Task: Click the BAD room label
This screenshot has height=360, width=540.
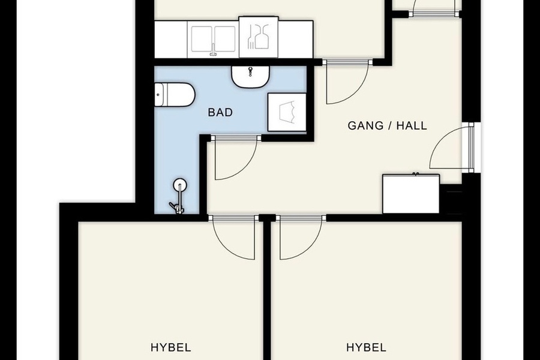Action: point(220,112)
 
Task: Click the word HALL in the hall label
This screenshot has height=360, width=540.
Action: point(412,125)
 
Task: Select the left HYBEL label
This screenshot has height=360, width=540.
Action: point(171,347)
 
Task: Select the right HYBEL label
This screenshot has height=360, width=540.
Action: point(366,347)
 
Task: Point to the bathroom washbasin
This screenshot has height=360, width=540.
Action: point(250,77)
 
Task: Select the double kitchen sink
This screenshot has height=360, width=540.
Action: point(213,39)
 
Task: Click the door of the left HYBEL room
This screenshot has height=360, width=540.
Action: point(234,238)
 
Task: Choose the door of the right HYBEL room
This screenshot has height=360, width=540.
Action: point(301,238)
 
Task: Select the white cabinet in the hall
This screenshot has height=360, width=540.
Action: point(411,194)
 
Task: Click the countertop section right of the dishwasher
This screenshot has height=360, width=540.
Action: point(295,39)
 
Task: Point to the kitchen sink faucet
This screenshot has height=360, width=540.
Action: point(214,50)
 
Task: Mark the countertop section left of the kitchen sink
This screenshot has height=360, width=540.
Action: point(171,39)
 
